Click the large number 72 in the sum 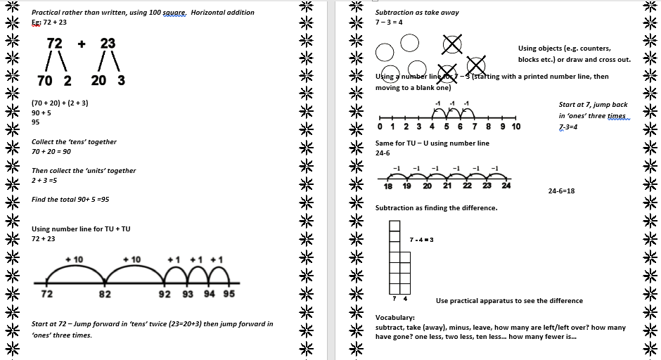[x=54, y=44]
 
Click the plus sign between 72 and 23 [x=82, y=44]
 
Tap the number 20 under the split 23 [x=99, y=80]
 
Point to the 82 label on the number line [x=104, y=294]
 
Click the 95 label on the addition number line [x=229, y=294]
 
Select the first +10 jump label [x=74, y=259]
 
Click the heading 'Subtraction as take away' [x=417, y=13]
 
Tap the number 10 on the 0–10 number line [x=515, y=127]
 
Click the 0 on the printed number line [x=380, y=127]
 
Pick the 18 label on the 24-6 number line [x=388, y=186]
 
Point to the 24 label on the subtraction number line [x=506, y=186]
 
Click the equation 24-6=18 [x=561, y=191]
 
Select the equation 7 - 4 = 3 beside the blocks [x=421, y=240]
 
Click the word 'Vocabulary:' [x=394, y=317]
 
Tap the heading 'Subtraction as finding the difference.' [x=436, y=208]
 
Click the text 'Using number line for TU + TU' [x=81, y=229]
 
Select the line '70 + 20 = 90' [x=51, y=151]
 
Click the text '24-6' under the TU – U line [x=383, y=153]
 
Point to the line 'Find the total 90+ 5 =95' [x=70, y=200]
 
